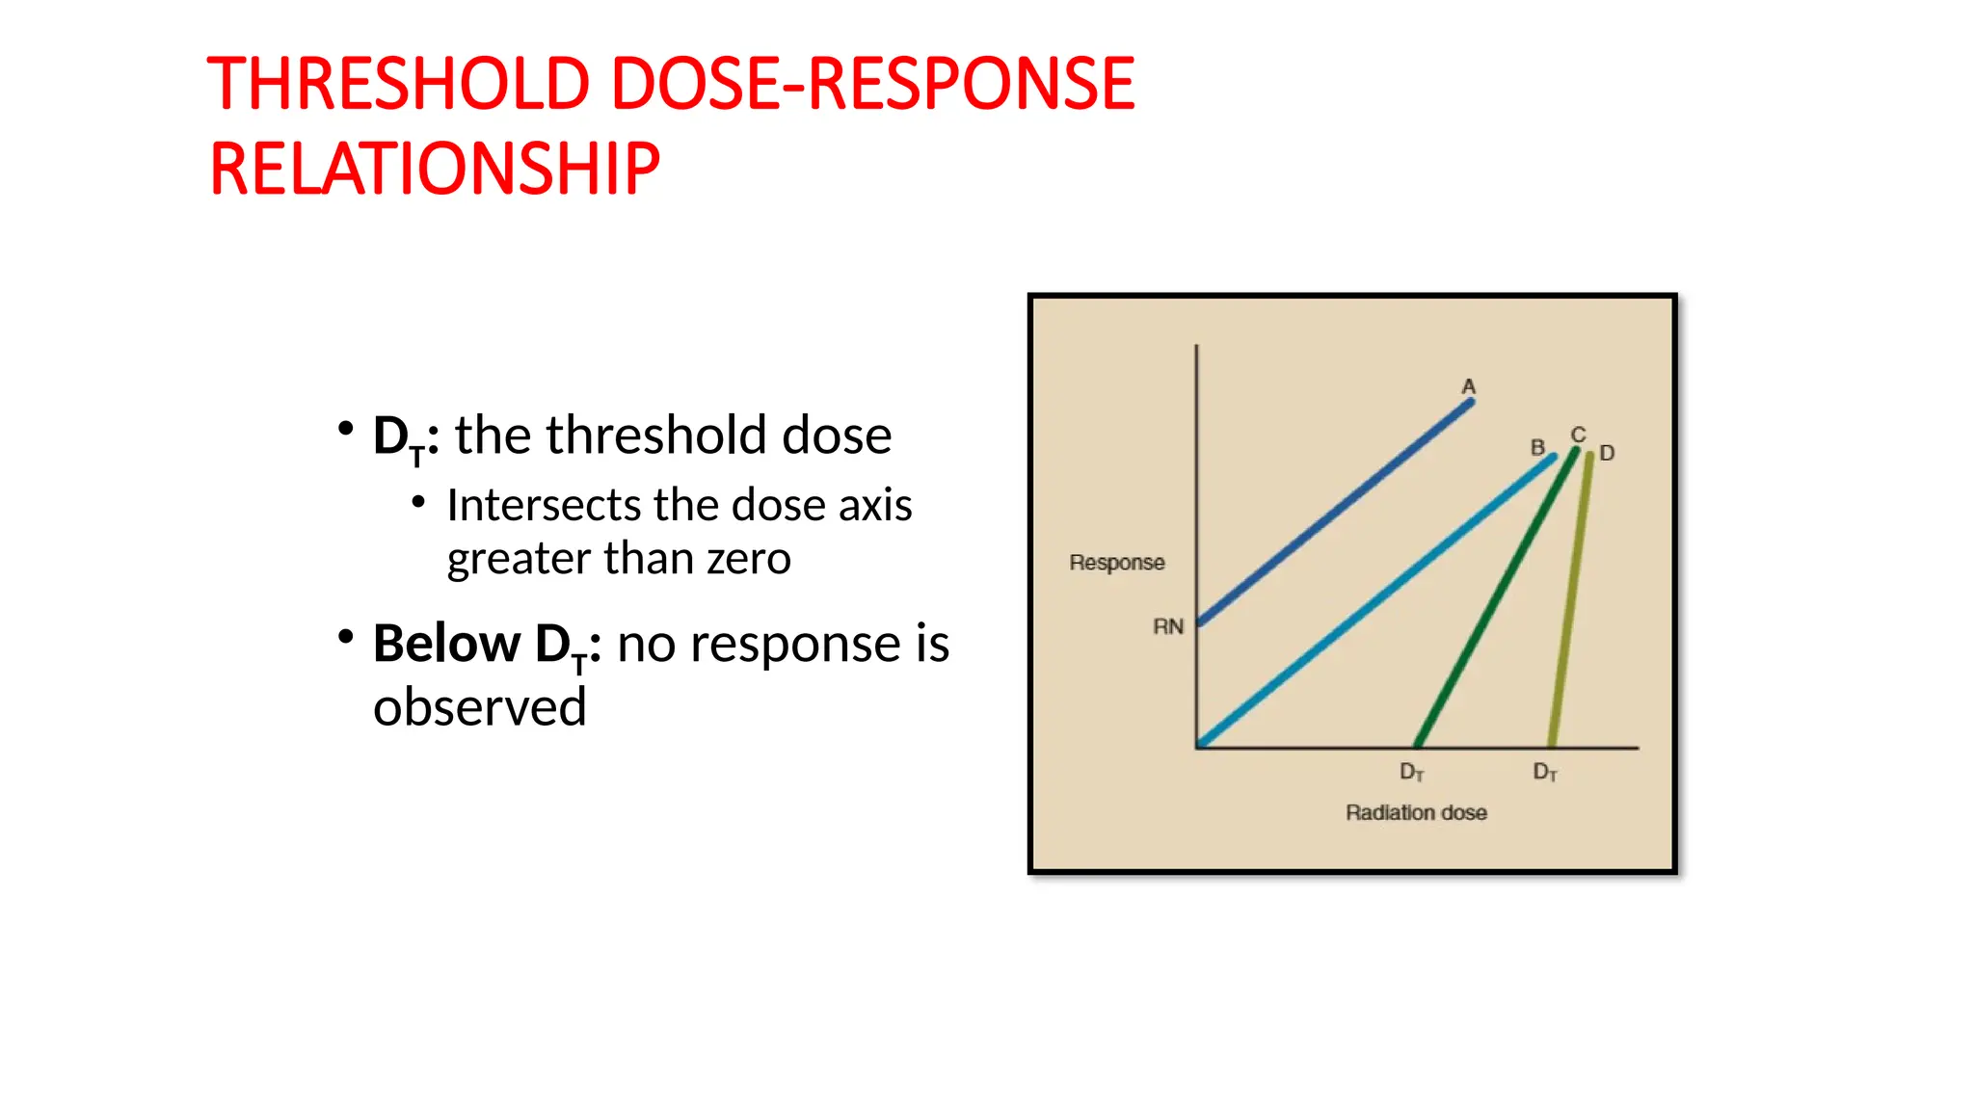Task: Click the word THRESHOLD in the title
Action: coord(398,84)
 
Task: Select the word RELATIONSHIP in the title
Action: coord(435,170)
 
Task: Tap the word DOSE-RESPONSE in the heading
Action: coord(873,84)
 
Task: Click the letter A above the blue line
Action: coord(1468,386)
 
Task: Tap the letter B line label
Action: coord(1537,447)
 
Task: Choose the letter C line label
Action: coord(1578,435)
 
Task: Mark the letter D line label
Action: coord(1607,453)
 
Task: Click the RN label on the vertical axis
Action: coord(1168,627)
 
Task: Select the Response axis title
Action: coord(1117,563)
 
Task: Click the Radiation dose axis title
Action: coord(1416,813)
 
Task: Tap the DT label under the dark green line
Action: coord(1411,773)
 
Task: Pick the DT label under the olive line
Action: coord(1545,773)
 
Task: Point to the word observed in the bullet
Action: coord(480,708)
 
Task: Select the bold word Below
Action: coord(446,644)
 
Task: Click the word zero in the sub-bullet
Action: coord(749,559)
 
